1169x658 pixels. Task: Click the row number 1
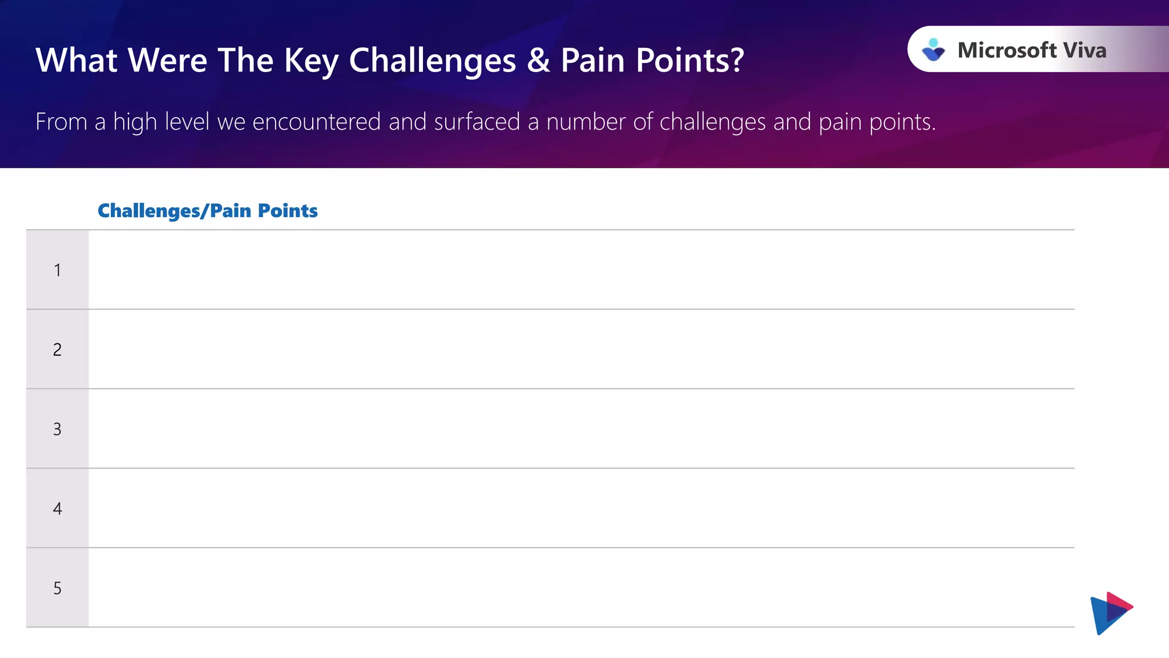coord(58,270)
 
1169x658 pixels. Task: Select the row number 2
coord(58,350)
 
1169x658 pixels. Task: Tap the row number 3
coord(58,429)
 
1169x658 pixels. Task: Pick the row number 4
coord(58,508)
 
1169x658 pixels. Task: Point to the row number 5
coord(58,588)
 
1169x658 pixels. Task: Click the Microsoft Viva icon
coord(933,50)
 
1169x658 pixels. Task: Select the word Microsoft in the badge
coord(1007,50)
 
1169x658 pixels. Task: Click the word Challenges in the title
coord(432,60)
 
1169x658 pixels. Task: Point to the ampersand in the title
coord(538,60)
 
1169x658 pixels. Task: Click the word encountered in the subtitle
coord(316,122)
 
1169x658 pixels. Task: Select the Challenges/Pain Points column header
coord(208,211)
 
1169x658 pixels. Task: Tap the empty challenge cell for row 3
coord(581,429)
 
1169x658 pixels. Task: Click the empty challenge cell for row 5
coord(581,588)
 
